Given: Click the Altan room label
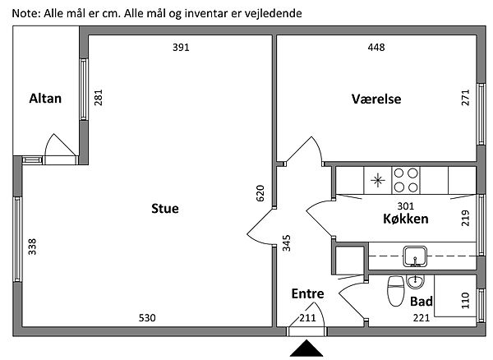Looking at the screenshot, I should [45, 99].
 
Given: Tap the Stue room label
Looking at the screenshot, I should [164, 208].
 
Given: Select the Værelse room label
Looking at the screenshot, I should [376, 99].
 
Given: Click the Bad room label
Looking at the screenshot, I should [421, 301].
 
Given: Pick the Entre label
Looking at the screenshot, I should [307, 293].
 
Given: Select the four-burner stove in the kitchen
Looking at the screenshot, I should [406, 178].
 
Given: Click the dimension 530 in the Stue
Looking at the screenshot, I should [147, 318].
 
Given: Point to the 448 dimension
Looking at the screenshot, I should [376, 47].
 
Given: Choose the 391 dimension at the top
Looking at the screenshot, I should [181, 47].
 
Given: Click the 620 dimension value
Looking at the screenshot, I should [260, 194].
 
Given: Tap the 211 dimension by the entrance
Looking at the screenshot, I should [307, 318].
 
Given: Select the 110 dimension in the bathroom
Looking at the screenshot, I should [467, 302].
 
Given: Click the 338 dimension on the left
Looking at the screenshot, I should [33, 247].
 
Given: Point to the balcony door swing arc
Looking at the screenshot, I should [60, 145].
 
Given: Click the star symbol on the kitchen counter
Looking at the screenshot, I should [377, 178].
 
